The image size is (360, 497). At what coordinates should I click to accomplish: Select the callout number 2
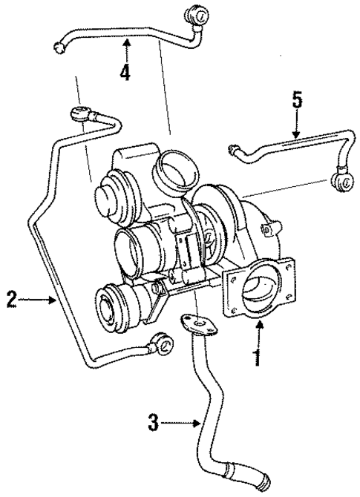point(10,300)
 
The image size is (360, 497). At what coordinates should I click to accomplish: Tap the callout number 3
point(153,424)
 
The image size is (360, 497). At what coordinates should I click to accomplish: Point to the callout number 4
point(126,73)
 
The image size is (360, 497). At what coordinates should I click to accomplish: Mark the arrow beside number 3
point(181,424)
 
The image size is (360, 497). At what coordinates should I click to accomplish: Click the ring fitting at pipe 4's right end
point(197,14)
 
